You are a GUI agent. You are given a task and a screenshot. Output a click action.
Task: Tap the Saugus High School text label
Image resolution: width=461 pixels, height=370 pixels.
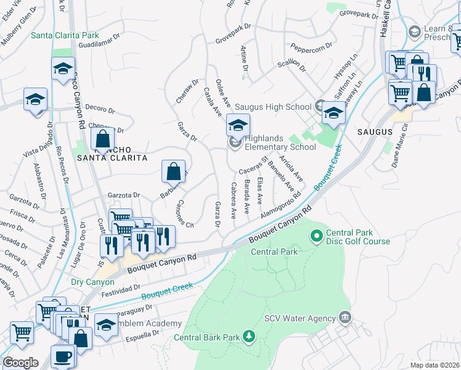tap(276, 107)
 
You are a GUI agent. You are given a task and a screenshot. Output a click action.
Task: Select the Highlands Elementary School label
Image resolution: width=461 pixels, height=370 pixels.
tap(280, 142)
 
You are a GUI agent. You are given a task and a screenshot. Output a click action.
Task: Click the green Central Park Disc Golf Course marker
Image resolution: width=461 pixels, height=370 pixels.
tap(317, 235)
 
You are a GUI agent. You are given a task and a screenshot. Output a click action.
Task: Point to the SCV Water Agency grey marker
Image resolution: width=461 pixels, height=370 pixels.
tap(345, 318)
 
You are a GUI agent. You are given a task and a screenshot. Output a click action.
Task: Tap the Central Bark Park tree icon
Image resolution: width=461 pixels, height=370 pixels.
tap(248, 337)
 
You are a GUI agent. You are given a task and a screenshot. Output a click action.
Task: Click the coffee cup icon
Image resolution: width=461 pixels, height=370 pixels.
tap(63, 356)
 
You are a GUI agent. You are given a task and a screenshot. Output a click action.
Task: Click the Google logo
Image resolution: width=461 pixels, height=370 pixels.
tap(20, 363)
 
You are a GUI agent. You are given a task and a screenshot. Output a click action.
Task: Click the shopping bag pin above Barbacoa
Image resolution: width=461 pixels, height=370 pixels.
tap(174, 171)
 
